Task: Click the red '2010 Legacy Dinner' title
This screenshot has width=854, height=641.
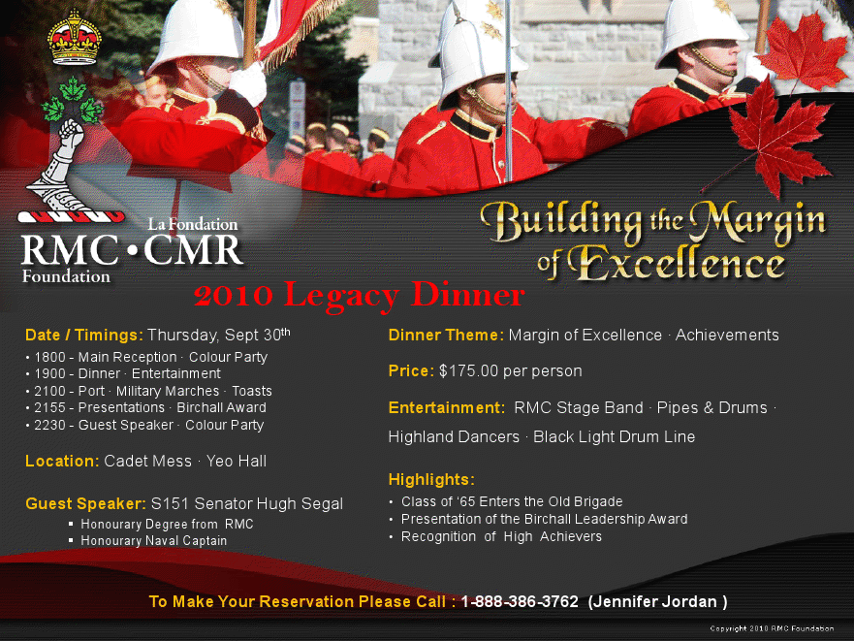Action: click(359, 296)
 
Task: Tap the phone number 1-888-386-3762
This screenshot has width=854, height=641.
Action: click(520, 601)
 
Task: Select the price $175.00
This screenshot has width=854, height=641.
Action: click(468, 371)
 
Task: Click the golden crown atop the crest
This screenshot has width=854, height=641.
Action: click(74, 37)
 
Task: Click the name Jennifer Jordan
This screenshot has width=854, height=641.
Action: click(655, 602)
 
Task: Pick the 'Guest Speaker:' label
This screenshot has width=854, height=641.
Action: click(85, 503)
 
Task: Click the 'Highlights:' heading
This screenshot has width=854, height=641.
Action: click(431, 480)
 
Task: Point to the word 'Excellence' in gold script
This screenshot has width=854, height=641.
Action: click(677, 262)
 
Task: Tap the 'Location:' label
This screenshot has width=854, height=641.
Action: click(62, 462)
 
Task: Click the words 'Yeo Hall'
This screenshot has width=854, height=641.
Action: click(237, 462)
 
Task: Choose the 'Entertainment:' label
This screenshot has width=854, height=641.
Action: click(447, 407)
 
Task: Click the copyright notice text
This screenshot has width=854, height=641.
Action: click(772, 628)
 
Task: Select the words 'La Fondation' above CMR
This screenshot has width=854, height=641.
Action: click(193, 224)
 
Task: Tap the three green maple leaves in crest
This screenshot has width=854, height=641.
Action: click(73, 100)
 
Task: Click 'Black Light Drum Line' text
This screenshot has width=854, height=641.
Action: click(614, 437)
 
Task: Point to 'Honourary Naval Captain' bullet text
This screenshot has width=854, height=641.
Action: click(153, 541)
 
